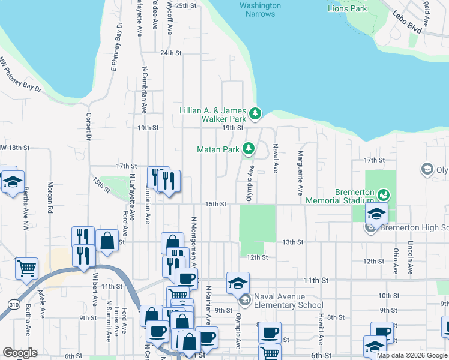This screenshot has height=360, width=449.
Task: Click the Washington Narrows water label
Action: pyautogui.click(x=260, y=10)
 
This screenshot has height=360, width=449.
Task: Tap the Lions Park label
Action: pyautogui.click(x=348, y=8)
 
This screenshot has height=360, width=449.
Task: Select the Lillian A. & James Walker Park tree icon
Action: pyautogui.click(x=255, y=113)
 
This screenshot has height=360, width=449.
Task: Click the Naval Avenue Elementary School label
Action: pyautogui.click(x=288, y=301)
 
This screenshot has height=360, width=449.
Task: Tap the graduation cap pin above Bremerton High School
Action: pyautogui.click(x=376, y=214)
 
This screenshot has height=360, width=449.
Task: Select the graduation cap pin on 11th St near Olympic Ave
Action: pyautogui.click(x=238, y=282)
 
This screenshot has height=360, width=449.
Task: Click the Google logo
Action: pyautogui.click(x=20, y=353)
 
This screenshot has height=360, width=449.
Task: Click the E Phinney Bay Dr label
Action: pyautogui.click(x=116, y=47)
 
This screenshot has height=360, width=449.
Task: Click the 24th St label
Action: pyautogui.click(x=170, y=53)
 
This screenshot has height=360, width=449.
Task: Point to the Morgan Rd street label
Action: pyautogui.click(x=50, y=199)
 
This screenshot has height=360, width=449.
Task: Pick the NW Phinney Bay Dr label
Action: pyautogui.click(x=22, y=75)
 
